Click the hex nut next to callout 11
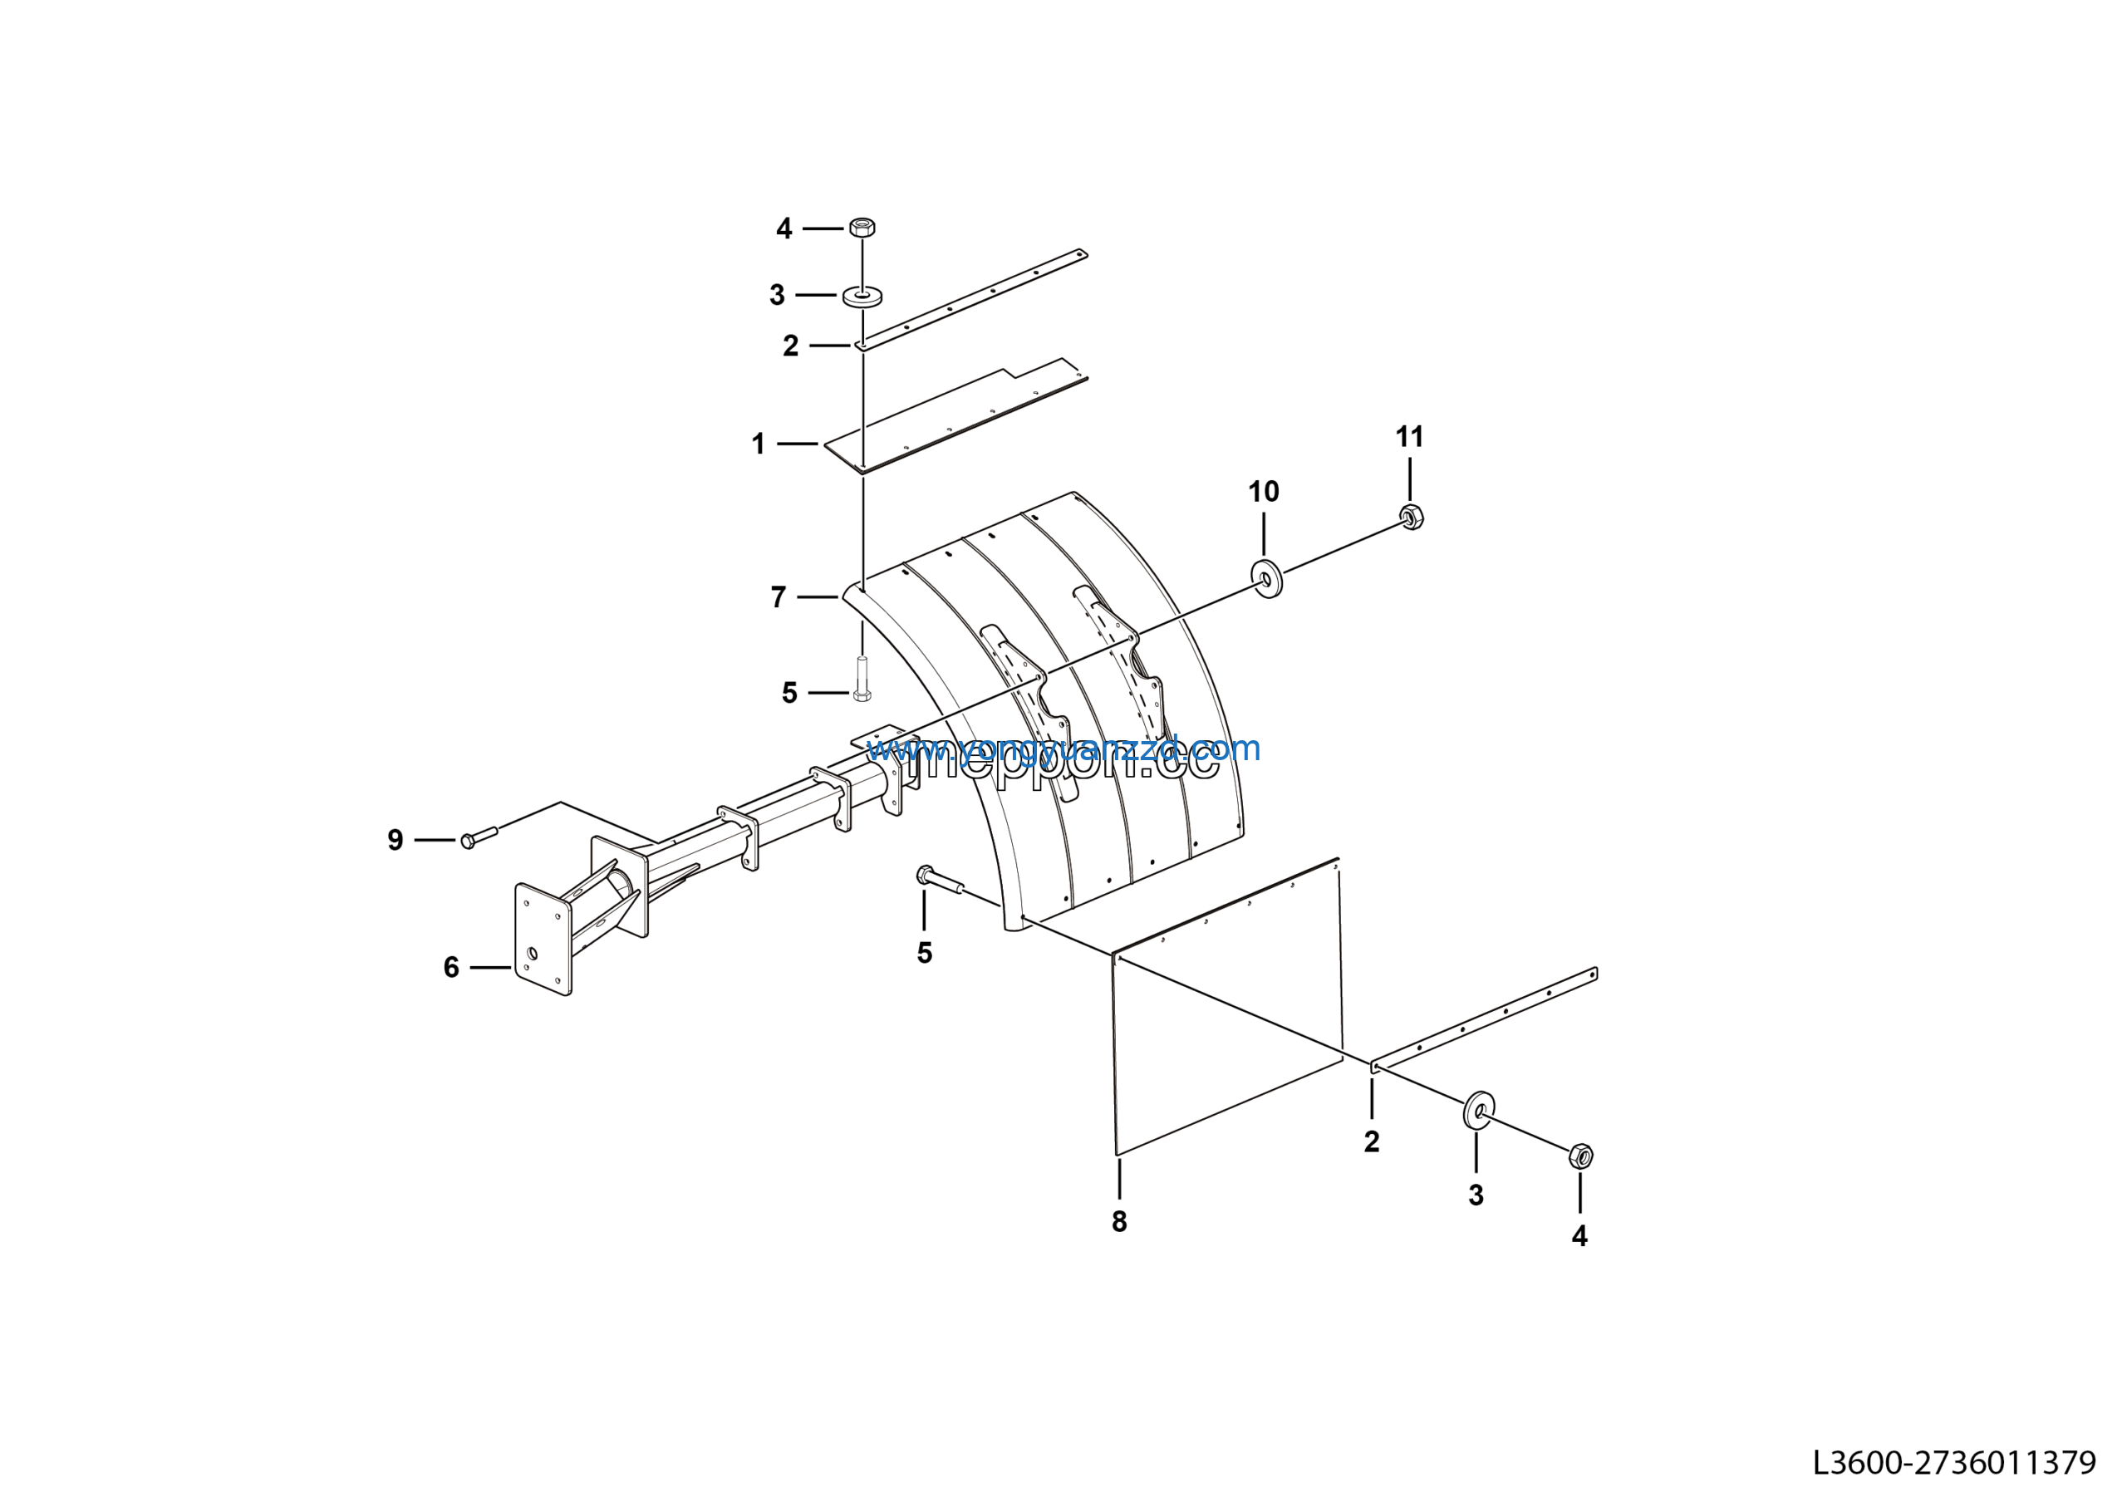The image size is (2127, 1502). (x=1411, y=517)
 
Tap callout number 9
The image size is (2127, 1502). (x=395, y=840)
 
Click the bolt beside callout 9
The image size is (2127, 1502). (x=479, y=837)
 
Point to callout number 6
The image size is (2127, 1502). (x=451, y=968)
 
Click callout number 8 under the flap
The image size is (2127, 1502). (x=1119, y=1222)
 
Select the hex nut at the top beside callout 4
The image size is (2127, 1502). (x=862, y=227)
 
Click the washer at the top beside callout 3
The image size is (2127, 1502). (x=862, y=297)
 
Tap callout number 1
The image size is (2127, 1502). (x=759, y=444)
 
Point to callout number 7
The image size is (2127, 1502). (x=779, y=597)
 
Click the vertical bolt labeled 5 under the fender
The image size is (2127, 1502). (x=862, y=679)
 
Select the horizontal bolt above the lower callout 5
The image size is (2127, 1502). (x=940, y=881)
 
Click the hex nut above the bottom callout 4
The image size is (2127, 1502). (x=1580, y=1156)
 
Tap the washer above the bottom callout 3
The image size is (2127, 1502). (x=1479, y=1109)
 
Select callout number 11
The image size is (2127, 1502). (x=1409, y=437)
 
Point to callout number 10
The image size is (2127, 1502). (x=1264, y=492)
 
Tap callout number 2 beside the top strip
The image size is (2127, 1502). (x=790, y=346)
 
